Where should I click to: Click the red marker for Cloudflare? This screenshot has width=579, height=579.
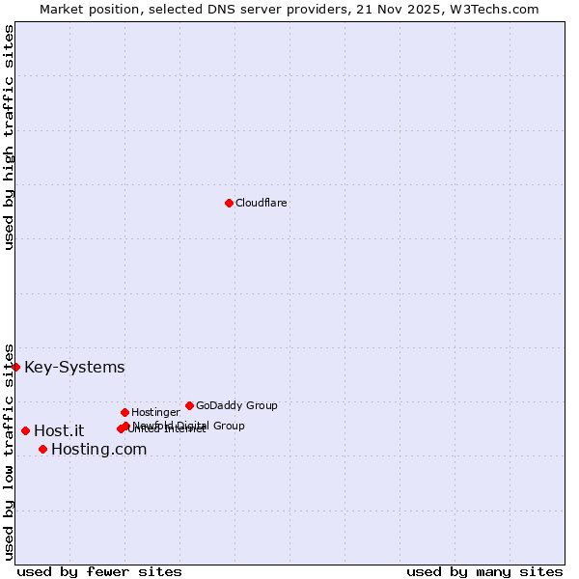pos(229,203)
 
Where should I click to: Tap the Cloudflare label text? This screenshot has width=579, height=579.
pos(261,203)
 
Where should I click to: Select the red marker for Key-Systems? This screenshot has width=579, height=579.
pos(15,367)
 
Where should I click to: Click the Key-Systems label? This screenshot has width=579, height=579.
pos(74,368)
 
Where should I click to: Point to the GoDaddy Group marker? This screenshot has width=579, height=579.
pos(189,405)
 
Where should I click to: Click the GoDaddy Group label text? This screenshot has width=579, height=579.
pos(236,405)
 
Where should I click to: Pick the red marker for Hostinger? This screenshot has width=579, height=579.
pos(124,412)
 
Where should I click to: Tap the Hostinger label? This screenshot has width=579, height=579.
pos(155,412)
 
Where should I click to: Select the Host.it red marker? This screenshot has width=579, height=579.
pos(25,430)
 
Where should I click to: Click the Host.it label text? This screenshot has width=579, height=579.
pos(59,431)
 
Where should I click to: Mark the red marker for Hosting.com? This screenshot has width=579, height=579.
pos(42,449)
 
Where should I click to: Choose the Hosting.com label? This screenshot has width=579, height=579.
pos(98,450)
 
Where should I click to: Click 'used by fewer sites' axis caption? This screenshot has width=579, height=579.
pos(99,571)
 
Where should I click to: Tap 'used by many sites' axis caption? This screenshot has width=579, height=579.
pos(484,571)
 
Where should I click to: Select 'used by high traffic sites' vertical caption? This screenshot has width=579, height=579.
pos(9,137)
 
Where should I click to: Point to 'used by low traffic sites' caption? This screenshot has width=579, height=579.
pos(9,452)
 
